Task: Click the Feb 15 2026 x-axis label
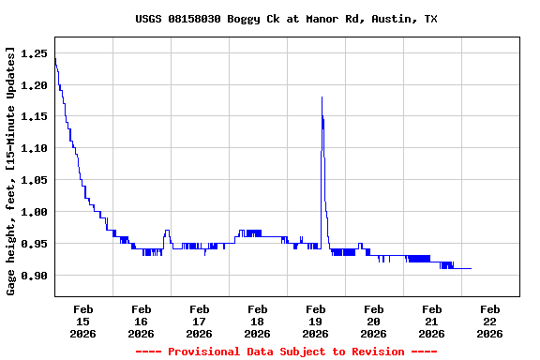tap(82, 321)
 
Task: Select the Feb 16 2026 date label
tap(141, 321)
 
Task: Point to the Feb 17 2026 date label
tap(199, 321)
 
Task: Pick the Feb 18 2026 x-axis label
tap(257, 321)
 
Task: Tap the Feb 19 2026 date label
tap(315, 321)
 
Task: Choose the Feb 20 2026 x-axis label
tap(373, 321)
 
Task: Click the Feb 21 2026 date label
tap(431, 321)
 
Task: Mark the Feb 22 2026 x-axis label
tap(489, 321)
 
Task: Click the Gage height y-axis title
tap(11, 172)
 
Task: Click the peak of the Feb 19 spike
tap(322, 97)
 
